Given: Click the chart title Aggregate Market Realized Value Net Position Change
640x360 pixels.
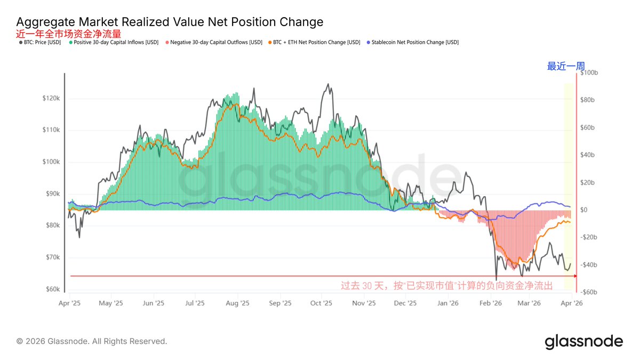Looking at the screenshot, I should click(x=170, y=22).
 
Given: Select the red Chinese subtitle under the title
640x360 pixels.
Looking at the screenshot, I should click(x=69, y=34).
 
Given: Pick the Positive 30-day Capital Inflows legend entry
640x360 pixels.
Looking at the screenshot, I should click(x=114, y=42).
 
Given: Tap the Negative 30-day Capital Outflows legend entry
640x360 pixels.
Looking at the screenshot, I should click(x=214, y=42).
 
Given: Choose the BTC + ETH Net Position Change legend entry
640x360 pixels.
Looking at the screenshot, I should click(x=314, y=42).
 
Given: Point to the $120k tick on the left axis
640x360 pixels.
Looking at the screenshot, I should click(x=52, y=99).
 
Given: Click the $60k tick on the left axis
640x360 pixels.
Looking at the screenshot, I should click(x=53, y=290).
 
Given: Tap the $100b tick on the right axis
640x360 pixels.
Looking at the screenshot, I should click(x=588, y=73).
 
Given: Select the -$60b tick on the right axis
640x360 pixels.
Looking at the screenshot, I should click(x=588, y=292).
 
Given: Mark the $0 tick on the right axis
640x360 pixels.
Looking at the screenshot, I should click(x=584, y=210).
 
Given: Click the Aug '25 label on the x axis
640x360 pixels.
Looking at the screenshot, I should click(x=237, y=303).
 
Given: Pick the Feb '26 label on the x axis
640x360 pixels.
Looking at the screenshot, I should click(x=490, y=303).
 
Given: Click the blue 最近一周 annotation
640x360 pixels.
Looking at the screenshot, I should click(x=566, y=67).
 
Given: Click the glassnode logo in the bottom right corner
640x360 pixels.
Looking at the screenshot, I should click(x=583, y=341).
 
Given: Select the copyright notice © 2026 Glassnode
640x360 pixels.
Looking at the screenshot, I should click(x=92, y=341).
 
